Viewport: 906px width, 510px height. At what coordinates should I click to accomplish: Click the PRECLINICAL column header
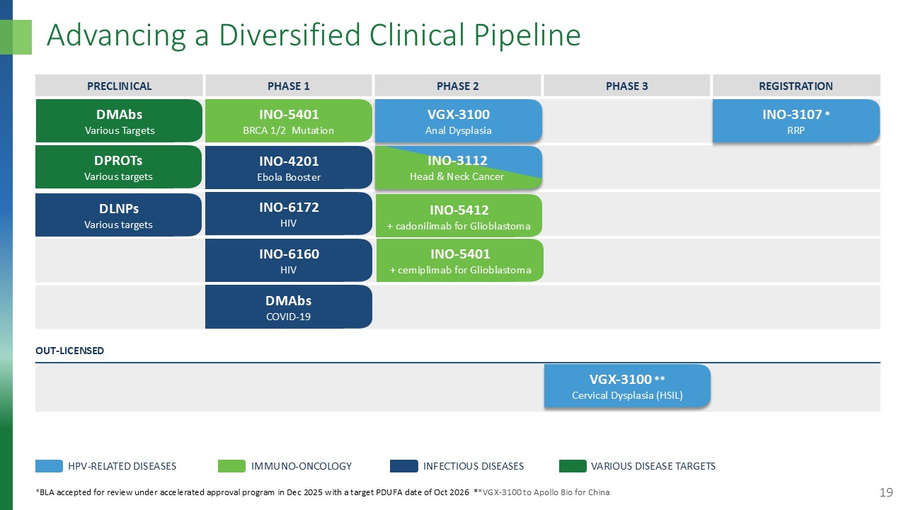[119, 86]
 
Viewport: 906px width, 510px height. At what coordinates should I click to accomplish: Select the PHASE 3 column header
[626, 86]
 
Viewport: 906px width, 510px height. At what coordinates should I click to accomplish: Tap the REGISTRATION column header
[796, 86]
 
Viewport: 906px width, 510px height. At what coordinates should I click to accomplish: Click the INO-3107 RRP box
[796, 121]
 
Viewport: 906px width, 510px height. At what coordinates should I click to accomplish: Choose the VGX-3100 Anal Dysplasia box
[458, 121]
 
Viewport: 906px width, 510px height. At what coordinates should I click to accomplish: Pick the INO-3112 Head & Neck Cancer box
[458, 168]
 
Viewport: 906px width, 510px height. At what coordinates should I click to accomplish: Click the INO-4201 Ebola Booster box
[289, 168]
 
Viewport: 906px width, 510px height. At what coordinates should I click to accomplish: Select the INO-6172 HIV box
[289, 214]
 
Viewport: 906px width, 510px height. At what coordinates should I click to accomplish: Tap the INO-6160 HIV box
[289, 261]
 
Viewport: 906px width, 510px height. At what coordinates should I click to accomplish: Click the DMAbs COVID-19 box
[289, 307]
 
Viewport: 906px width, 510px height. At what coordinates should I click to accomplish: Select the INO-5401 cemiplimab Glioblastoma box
[458, 261]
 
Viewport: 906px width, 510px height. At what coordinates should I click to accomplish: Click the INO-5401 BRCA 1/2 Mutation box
[289, 121]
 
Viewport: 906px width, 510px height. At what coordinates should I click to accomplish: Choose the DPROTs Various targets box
[119, 168]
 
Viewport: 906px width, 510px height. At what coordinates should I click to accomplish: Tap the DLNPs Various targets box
[119, 214]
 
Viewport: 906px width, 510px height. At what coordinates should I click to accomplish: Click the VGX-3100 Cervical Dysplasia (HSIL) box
[626, 387]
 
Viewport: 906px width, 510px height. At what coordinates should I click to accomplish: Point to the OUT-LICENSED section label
[69, 351]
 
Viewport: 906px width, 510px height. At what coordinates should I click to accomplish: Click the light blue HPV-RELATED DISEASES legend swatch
[49, 466]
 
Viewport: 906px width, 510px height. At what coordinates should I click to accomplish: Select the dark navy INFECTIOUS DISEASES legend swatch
[403, 466]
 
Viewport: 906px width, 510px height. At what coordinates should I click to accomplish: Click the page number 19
[885, 492]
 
